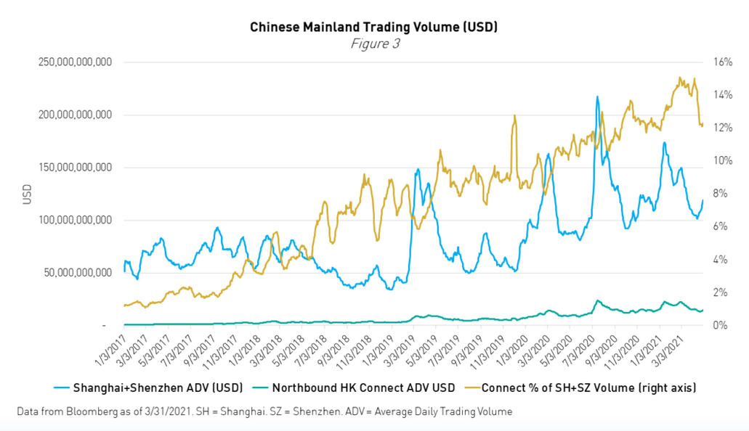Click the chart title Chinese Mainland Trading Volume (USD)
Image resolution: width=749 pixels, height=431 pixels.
click(x=374, y=27)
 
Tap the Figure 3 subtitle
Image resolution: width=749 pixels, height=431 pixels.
click(x=375, y=44)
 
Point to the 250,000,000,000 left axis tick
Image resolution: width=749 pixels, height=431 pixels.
click(x=76, y=62)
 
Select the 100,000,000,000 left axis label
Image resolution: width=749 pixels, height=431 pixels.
click(x=76, y=220)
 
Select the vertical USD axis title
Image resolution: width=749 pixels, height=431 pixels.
click(x=27, y=194)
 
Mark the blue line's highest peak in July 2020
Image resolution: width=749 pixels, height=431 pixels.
click(x=597, y=97)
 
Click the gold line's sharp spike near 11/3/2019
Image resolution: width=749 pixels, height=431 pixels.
click(x=515, y=115)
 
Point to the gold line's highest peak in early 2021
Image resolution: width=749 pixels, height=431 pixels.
click(x=680, y=78)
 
